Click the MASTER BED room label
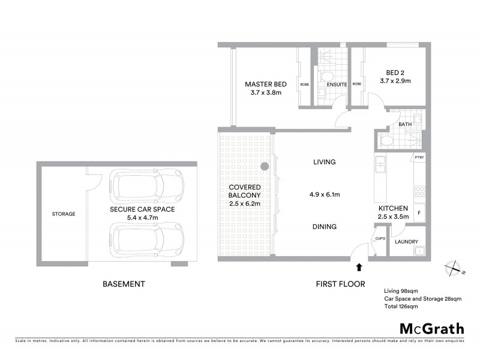click(x=265, y=85)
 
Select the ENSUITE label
click(x=336, y=85)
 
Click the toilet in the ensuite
click(x=327, y=76)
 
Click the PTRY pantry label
click(x=419, y=158)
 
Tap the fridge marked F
click(x=419, y=212)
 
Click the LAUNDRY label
click(x=406, y=242)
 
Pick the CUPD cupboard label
click(x=380, y=238)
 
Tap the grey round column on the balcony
click(x=265, y=167)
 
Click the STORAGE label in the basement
click(x=63, y=214)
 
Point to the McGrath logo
click(x=432, y=328)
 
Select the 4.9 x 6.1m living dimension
click(x=324, y=194)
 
